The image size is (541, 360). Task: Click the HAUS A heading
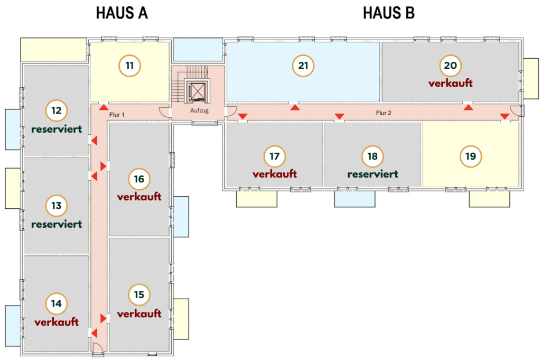[x=122, y=14]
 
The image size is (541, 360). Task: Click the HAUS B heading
[x=389, y=14]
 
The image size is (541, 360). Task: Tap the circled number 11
[x=129, y=66]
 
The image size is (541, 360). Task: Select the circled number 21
[x=303, y=66]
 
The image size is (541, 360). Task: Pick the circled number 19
[x=470, y=156]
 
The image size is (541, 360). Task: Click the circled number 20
[x=450, y=66]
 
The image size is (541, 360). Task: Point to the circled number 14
[x=57, y=304]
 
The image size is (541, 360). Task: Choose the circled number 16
[x=139, y=179]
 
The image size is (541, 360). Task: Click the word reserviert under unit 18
[x=372, y=174]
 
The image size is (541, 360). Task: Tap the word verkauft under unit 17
[x=275, y=174]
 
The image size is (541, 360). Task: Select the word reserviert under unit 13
[x=57, y=224]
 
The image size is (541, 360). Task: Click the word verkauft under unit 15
[x=139, y=314]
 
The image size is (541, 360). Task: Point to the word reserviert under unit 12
[x=57, y=129]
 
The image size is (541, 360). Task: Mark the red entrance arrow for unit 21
[x=295, y=107]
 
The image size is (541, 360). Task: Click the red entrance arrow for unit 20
[x=468, y=107]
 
